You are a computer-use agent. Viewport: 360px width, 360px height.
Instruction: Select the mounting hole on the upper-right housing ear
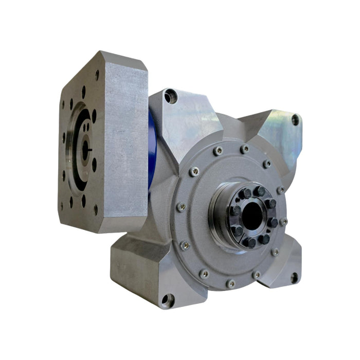[295, 120]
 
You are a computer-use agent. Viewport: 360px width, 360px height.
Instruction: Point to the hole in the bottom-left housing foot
[166, 299]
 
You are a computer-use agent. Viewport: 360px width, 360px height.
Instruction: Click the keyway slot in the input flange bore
[90, 149]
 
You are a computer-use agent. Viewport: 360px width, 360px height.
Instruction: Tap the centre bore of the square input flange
[85, 149]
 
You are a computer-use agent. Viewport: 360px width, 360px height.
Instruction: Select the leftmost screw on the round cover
[181, 207]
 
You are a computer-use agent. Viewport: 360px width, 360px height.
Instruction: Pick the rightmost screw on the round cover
[283, 222]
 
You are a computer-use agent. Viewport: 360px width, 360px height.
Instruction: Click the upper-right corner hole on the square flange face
[97, 76]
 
